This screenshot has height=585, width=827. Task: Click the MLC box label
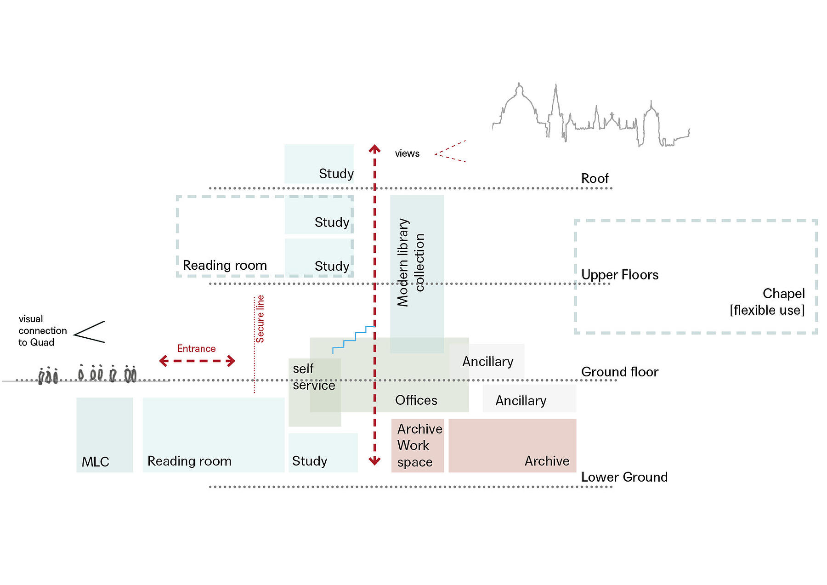96,462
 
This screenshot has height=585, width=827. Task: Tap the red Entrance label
197,349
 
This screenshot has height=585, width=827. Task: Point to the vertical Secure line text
260,319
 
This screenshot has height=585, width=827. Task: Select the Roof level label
595,178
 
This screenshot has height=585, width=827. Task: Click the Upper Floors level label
620,275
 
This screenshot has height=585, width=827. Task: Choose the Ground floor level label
620,372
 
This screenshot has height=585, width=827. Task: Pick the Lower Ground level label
624,477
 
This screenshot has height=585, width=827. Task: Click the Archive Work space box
418,445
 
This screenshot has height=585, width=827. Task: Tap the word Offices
416,400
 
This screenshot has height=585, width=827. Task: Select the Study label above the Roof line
336,174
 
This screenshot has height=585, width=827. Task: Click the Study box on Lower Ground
323,453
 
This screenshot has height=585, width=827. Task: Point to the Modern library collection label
411,262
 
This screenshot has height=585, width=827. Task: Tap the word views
407,153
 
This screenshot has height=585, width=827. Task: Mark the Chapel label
784,294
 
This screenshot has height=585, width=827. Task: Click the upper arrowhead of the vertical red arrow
374,148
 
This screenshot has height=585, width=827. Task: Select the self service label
314,377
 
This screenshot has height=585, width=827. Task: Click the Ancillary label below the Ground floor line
521,401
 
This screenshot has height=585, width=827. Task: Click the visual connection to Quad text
43,331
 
